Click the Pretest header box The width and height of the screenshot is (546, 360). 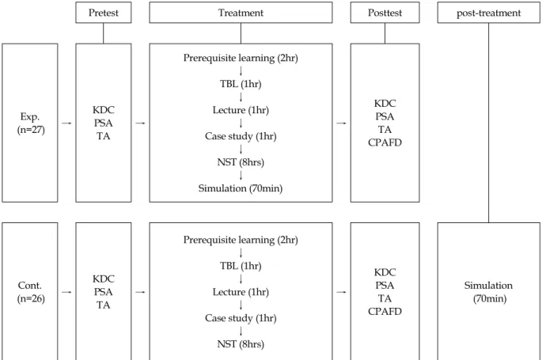pyautogui.click(x=104, y=13)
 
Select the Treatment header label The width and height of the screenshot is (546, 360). pyautogui.click(x=241, y=13)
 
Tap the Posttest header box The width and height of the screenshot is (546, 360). pyautogui.click(x=385, y=13)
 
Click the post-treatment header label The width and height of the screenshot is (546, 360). pyautogui.click(x=488, y=13)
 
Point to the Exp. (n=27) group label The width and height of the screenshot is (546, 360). pyautogui.click(x=31, y=123)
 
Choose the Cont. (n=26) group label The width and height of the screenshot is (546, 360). pyautogui.click(x=31, y=292)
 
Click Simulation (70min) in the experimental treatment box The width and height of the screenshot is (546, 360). pyautogui.click(x=241, y=188)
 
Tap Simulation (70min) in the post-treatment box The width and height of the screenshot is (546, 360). pyautogui.click(x=488, y=292)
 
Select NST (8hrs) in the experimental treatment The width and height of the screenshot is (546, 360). pyautogui.click(x=241, y=162)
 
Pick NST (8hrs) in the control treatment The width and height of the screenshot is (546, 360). pyautogui.click(x=241, y=344)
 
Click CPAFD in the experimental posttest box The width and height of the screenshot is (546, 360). pyautogui.click(x=385, y=142)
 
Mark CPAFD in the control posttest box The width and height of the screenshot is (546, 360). pyautogui.click(x=385, y=311)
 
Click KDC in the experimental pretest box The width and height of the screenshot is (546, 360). pyautogui.click(x=104, y=110)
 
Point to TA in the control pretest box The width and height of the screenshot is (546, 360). pyautogui.click(x=104, y=305)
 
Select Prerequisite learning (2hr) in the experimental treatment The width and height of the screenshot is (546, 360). pyautogui.click(x=241, y=58)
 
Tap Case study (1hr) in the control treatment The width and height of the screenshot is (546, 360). pyautogui.click(x=241, y=318)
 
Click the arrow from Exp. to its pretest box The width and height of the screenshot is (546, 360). pyautogui.click(x=66, y=123)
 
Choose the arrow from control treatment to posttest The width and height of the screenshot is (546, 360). pyautogui.click(x=341, y=292)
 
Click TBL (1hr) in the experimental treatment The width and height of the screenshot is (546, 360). pyautogui.click(x=241, y=84)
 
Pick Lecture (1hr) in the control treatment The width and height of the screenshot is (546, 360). pyautogui.click(x=241, y=292)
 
